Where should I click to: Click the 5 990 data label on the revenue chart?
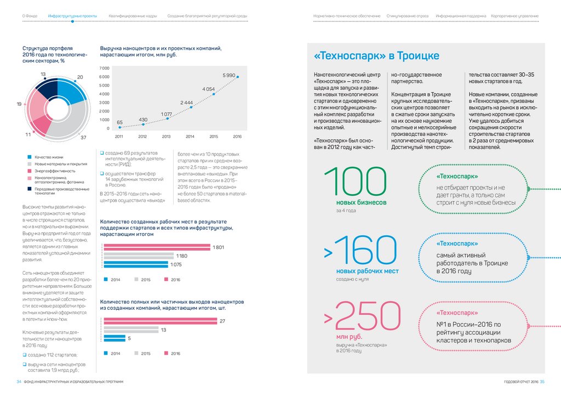[229, 75]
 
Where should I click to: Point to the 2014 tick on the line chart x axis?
[190, 136]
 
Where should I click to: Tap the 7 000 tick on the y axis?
[104, 68]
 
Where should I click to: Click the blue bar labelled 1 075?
[136, 264]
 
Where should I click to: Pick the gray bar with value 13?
[130, 330]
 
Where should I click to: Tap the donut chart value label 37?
[84, 137]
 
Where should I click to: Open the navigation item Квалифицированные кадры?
[132, 16]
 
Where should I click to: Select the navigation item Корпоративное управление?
[514, 16]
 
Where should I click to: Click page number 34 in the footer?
[19, 382]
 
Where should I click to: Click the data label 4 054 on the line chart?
[208, 89]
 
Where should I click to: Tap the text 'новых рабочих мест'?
[367, 271]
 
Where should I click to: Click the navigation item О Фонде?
[30, 16]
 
